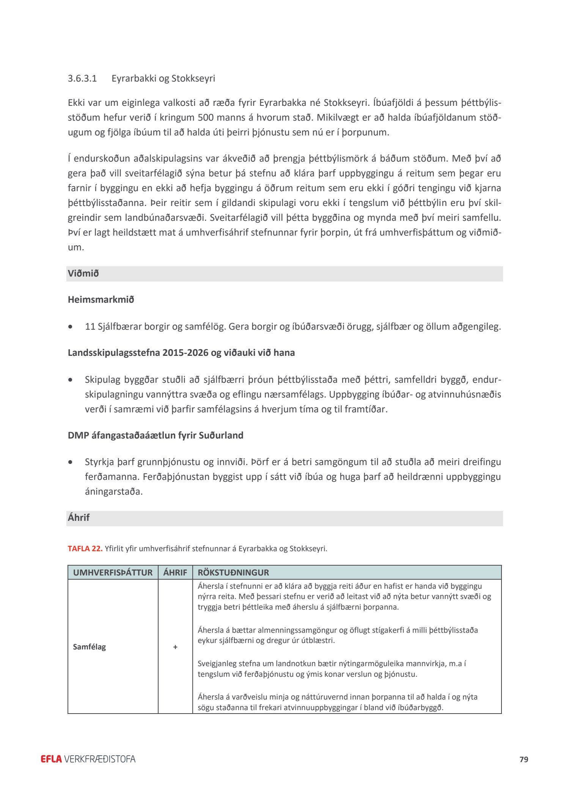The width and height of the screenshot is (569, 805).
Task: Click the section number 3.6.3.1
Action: (x=82, y=79)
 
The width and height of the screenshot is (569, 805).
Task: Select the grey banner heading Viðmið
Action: (x=83, y=274)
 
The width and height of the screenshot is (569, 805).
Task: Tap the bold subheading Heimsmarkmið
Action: (x=101, y=300)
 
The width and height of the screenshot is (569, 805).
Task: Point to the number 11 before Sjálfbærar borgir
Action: (x=90, y=326)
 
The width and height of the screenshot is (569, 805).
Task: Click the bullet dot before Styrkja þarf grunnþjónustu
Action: (x=70, y=462)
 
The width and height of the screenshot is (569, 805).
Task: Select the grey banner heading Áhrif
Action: (x=79, y=518)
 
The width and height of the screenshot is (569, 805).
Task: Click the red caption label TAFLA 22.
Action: (x=85, y=549)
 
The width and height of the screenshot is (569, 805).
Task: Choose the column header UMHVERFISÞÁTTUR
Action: (x=113, y=572)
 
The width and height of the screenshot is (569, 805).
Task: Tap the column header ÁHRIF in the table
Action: (x=175, y=572)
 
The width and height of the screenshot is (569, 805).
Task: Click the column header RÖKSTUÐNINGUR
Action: (x=233, y=572)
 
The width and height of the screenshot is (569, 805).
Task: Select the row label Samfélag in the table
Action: (x=90, y=647)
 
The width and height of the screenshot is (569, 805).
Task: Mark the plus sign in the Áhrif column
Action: (x=175, y=647)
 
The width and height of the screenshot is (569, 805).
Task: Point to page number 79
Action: (x=524, y=759)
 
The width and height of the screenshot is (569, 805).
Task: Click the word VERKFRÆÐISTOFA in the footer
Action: (x=100, y=759)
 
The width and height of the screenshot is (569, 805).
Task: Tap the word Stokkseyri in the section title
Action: (x=193, y=79)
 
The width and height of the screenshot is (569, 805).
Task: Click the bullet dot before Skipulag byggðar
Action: (x=70, y=380)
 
